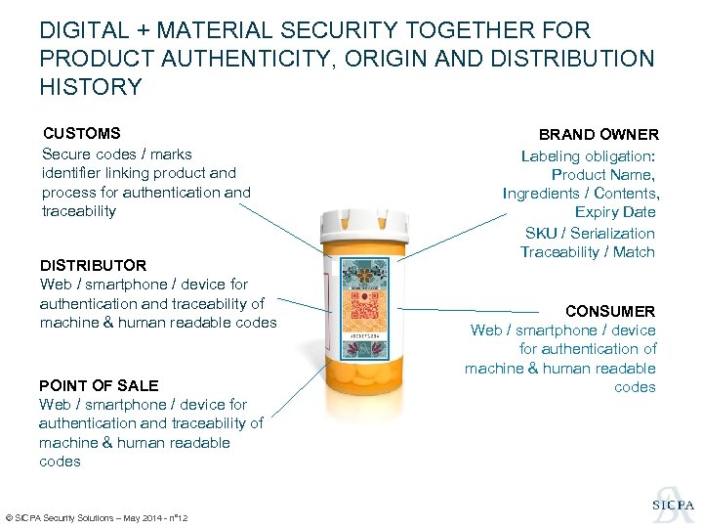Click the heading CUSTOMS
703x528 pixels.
(81, 134)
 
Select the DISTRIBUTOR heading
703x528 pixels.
(93, 265)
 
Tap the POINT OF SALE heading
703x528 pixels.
(99, 385)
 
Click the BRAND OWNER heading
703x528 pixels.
(599, 135)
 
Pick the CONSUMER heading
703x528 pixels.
(610, 311)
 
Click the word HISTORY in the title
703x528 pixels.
(91, 87)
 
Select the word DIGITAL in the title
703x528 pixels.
(85, 31)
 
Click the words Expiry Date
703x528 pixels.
(615, 212)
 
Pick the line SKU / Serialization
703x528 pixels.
(590, 233)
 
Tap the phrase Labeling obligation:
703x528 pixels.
(588, 156)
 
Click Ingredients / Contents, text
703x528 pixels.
(581, 194)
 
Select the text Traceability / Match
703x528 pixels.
(588, 252)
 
